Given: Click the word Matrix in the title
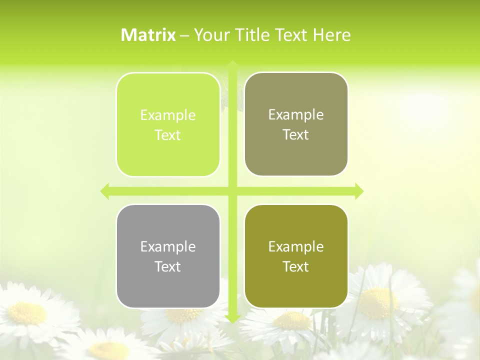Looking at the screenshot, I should click(148, 35).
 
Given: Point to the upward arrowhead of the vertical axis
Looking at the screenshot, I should click(232, 65).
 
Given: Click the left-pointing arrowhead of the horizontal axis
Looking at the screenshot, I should click(105, 191).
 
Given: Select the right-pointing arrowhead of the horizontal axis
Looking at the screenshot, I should click(358, 191).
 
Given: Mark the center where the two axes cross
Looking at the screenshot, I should click(232, 191).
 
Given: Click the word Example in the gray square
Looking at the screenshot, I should click(168, 246).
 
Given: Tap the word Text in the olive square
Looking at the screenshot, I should click(296, 266).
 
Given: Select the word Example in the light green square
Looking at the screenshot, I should click(168, 115).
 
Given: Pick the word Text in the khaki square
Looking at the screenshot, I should click(296, 135).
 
